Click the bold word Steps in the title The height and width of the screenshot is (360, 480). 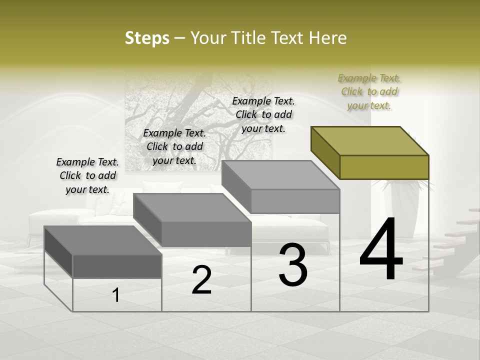147,38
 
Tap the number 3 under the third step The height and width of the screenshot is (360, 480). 293,265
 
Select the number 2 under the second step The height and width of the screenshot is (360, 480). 201,280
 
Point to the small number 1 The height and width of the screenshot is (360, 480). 116,295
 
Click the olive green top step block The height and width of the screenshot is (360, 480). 370,152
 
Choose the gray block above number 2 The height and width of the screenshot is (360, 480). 192,220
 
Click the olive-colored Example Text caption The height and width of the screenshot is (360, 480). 369,91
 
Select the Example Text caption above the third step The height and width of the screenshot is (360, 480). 263,114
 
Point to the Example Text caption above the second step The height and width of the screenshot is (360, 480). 174,146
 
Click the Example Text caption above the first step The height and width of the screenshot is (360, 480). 87,175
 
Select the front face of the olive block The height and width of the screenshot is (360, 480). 384,167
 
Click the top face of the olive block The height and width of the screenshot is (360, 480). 370,140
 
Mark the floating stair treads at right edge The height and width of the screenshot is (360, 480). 450,240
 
